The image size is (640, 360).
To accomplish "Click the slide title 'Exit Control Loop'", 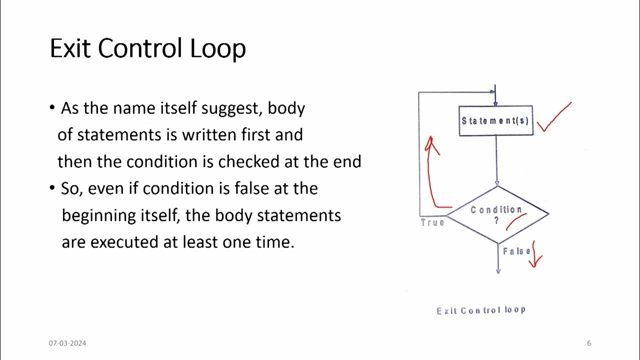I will (x=147, y=49).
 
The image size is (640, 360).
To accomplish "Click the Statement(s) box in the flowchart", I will (x=495, y=120).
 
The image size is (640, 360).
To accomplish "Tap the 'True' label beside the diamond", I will (x=432, y=222).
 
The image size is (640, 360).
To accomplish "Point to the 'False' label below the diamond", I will (x=516, y=251).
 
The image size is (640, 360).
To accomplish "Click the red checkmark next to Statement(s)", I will (x=554, y=117).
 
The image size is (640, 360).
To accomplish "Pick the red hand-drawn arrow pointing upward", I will (x=432, y=170).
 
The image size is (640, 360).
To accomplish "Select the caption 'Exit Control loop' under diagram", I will (x=481, y=310).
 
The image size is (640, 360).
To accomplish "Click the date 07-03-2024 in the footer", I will (x=67, y=343).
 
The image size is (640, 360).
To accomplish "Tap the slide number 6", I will (x=589, y=343).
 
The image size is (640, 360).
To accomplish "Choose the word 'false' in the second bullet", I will (x=251, y=188).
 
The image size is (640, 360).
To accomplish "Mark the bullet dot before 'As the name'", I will (x=52, y=108).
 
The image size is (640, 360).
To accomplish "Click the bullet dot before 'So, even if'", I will (x=52, y=188).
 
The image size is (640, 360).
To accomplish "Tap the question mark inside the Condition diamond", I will (x=496, y=220).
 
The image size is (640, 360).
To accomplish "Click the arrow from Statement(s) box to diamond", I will (x=496, y=160).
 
